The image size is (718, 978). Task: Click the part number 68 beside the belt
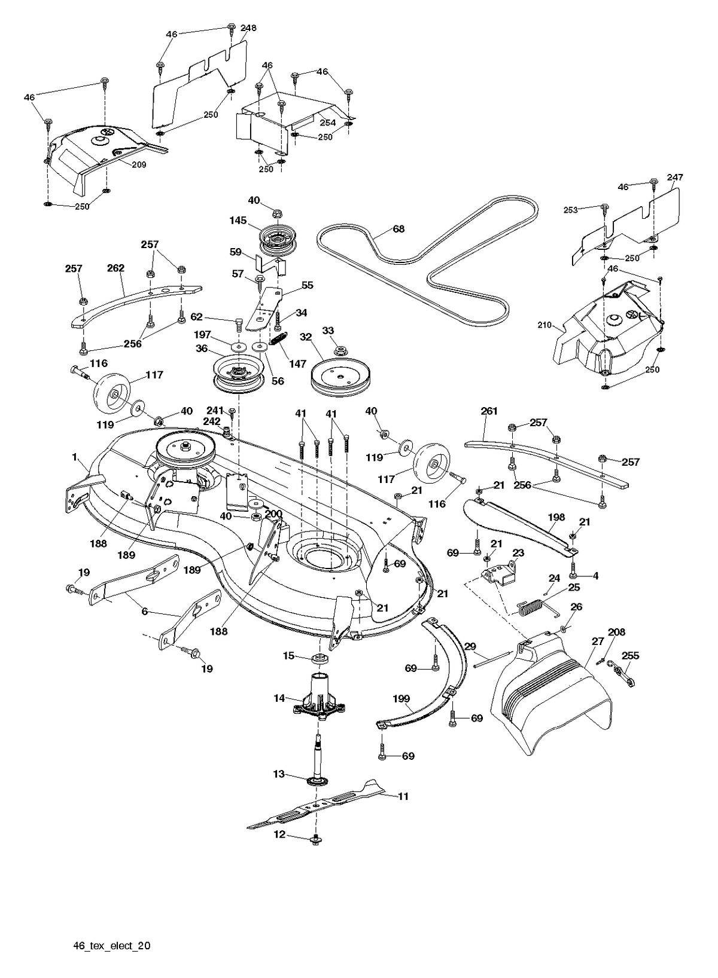(398, 228)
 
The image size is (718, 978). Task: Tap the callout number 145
(238, 221)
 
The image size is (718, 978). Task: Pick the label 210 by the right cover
(556, 325)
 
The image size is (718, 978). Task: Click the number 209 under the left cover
(139, 164)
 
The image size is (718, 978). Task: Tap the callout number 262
(115, 268)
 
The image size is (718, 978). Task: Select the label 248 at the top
(248, 28)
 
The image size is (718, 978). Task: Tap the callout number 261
(489, 411)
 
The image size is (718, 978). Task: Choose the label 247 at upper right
(675, 178)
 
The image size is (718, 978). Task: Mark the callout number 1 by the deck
(74, 457)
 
